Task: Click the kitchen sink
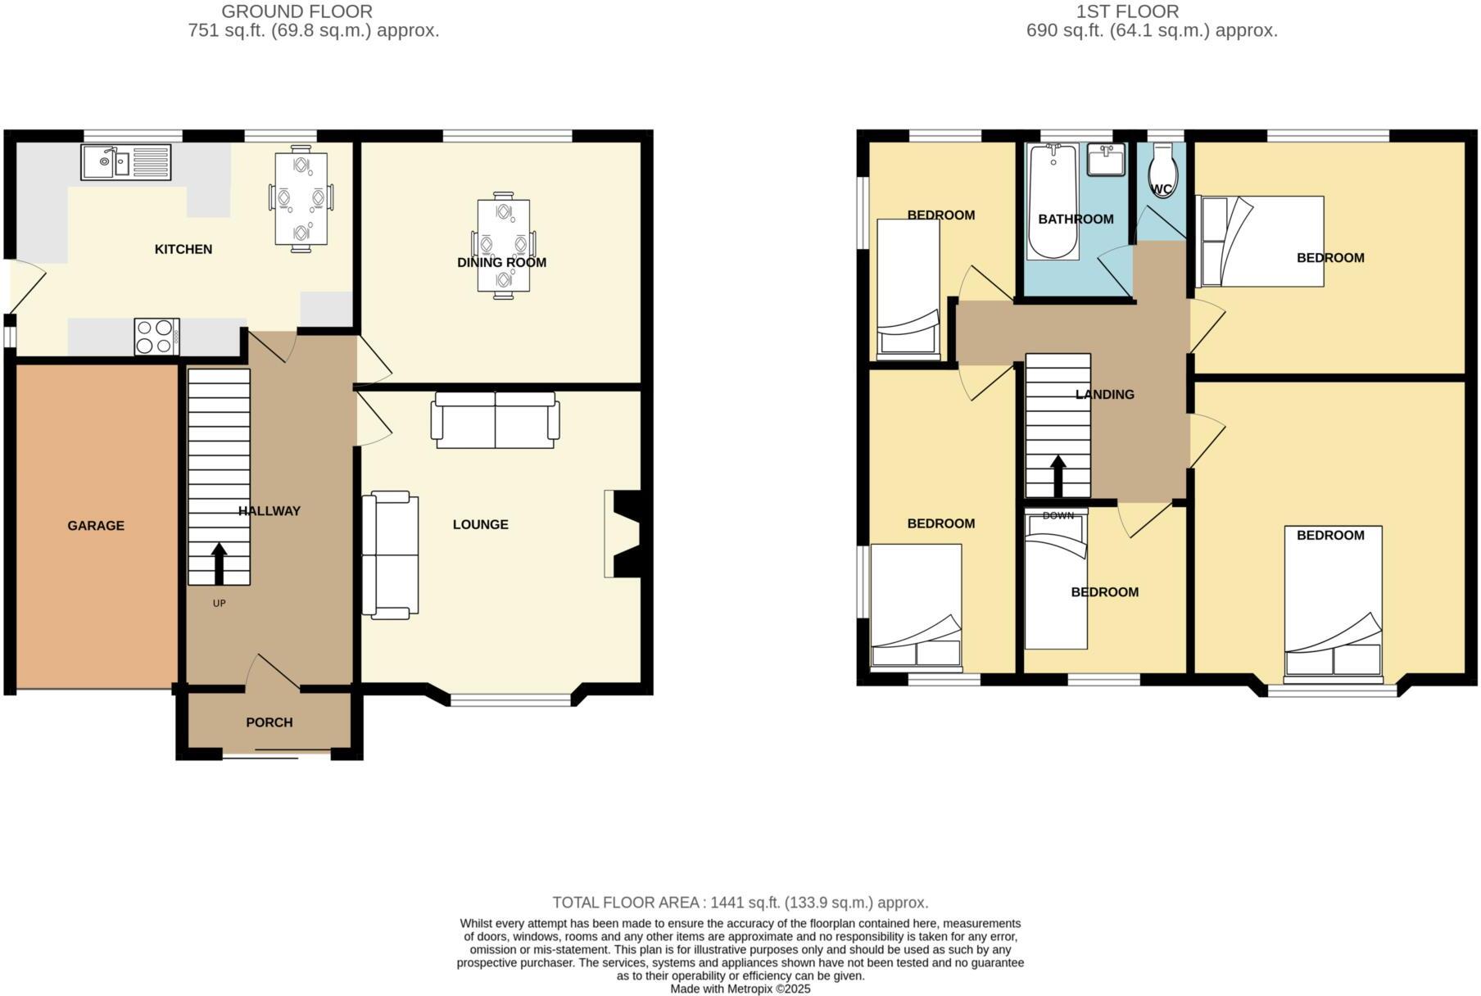click(125, 162)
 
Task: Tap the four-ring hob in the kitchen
click(156, 337)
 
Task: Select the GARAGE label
click(96, 526)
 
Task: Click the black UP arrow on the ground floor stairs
click(219, 563)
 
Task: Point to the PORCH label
click(269, 722)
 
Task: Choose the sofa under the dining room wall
click(495, 420)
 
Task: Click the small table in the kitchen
click(301, 199)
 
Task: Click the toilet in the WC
click(1162, 170)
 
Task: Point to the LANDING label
click(1104, 395)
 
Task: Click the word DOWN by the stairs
click(1058, 515)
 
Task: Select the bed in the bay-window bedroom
click(1333, 604)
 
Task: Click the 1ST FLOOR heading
click(1127, 11)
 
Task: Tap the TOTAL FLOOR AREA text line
click(740, 903)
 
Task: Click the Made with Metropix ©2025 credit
click(740, 989)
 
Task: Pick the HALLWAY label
click(269, 511)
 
